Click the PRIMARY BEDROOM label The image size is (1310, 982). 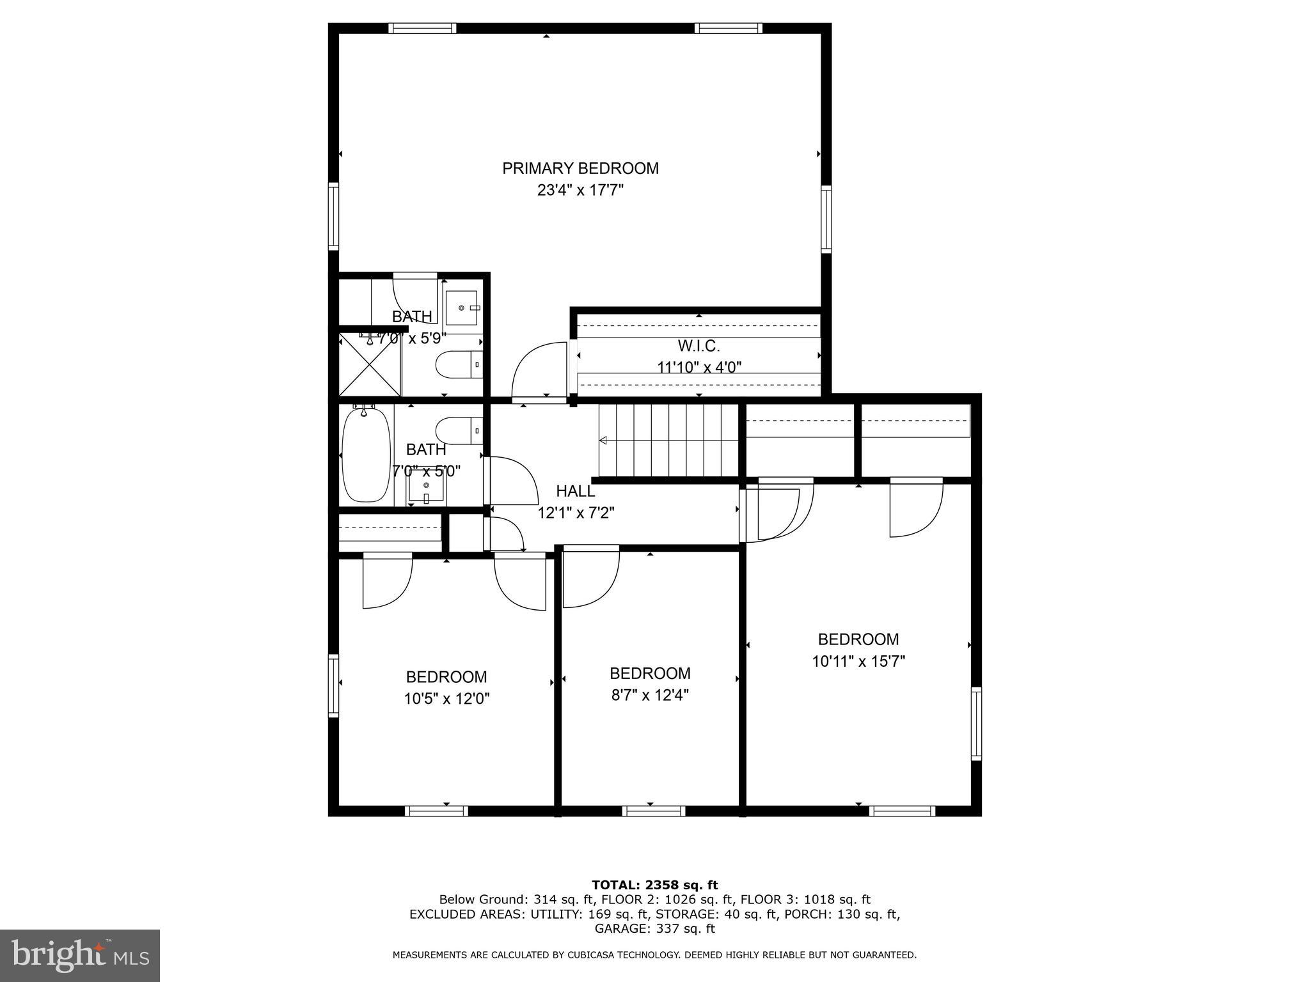580,168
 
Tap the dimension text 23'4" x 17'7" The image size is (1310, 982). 580,191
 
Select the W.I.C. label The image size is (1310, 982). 698,347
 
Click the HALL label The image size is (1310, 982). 575,491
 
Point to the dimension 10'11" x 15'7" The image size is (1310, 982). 858,661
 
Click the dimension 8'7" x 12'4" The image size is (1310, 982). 650,695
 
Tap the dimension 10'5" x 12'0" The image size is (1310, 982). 446,699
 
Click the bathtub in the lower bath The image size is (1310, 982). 366,455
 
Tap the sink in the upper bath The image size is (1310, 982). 462,308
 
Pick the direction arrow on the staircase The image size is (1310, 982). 603,440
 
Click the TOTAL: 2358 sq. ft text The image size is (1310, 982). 654,885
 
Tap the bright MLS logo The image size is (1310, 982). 80,955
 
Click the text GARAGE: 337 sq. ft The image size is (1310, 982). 654,929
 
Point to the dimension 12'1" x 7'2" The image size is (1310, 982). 575,513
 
